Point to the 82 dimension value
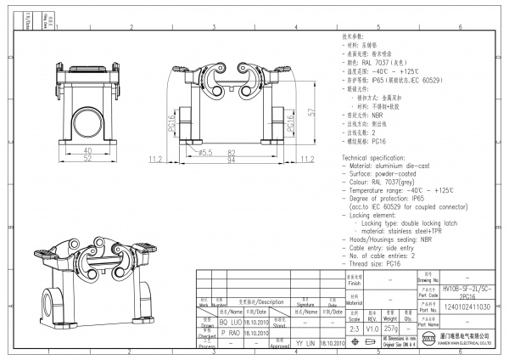point(231,152)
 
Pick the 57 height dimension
point(312,111)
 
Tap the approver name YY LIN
point(303,343)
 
